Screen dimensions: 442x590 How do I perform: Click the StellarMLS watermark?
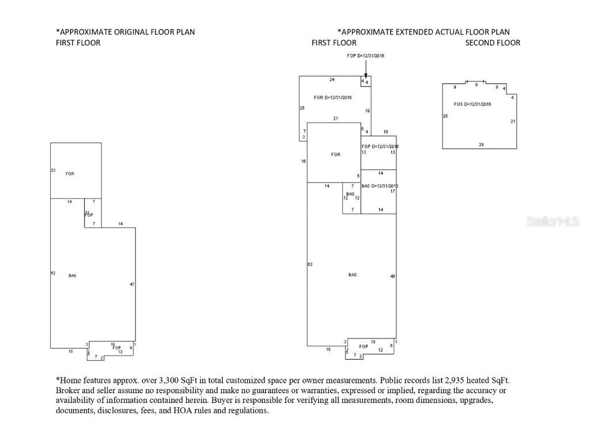coord(552,222)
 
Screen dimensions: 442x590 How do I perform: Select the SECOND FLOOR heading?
coord(493,43)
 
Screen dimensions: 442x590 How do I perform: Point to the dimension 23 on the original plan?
coord(53,170)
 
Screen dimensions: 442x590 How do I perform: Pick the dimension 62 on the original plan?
coord(53,273)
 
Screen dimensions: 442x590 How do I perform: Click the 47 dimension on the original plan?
coord(132,284)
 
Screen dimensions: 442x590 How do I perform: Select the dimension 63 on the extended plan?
coord(310,264)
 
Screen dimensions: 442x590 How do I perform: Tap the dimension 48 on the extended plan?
coord(392,276)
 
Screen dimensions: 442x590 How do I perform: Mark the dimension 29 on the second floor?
coord(481,144)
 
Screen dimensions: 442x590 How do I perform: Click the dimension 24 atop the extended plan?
coord(332,79)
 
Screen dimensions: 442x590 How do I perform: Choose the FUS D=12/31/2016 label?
coord(472,104)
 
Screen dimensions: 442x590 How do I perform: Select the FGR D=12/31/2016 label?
coord(332,98)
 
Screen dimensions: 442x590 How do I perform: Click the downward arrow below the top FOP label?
coord(365,69)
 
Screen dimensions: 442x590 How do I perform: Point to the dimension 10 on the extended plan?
coord(385,132)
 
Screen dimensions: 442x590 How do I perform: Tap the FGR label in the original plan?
coord(70,174)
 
